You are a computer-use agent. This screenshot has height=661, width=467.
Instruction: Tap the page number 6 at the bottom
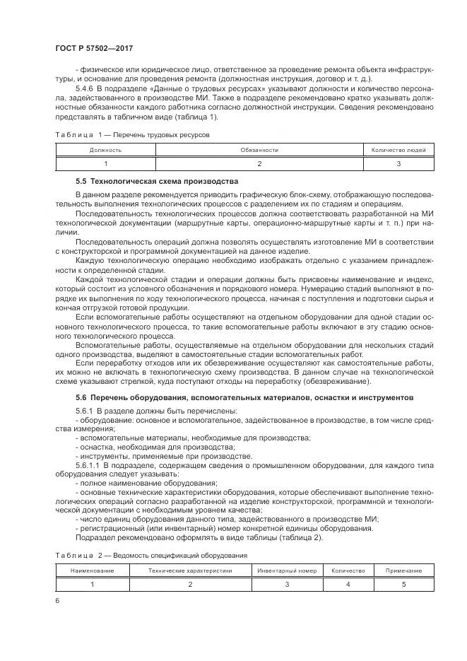[57, 600]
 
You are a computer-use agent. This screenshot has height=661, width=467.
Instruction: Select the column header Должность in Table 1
[105, 150]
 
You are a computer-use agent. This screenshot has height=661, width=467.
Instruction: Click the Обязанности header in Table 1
[259, 150]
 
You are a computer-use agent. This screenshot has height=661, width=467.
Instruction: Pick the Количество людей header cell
[398, 150]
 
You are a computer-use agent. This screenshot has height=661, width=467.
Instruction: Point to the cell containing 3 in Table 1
[398, 163]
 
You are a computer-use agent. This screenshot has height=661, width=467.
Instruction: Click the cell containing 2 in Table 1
[259, 163]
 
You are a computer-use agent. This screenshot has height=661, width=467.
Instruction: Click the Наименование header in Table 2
[92, 571]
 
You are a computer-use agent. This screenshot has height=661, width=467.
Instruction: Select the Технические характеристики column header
[189, 571]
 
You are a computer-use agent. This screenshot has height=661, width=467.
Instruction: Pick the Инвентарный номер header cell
[287, 571]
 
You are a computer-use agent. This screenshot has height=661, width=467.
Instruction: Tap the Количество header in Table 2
[348, 571]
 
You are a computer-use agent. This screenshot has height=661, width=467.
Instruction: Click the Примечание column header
[404, 571]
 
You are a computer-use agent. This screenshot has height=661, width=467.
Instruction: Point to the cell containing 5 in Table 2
[404, 584]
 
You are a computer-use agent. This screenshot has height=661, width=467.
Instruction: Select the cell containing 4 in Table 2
[348, 584]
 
